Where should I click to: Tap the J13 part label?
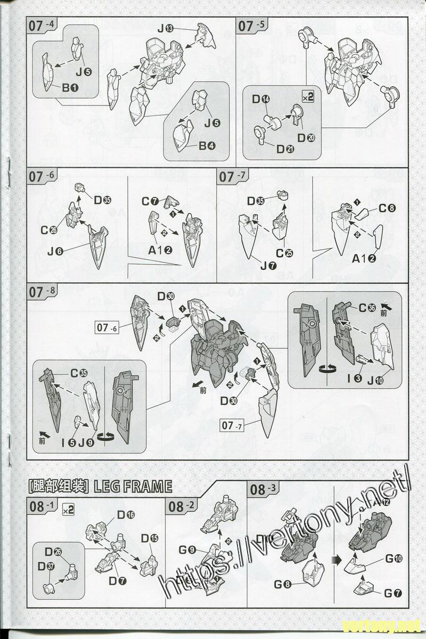click(164, 28)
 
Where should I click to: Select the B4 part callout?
click(207, 145)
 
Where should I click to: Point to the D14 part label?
click(261, 99)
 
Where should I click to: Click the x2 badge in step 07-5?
click(307, 97)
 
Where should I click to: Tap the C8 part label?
click(388, 209)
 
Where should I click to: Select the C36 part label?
click(367, 307)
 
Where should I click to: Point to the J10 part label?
click(375, 380)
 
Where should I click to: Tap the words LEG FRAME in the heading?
click(133, 486)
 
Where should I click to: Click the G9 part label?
click(189, 550)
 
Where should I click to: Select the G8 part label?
click(282, 584)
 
